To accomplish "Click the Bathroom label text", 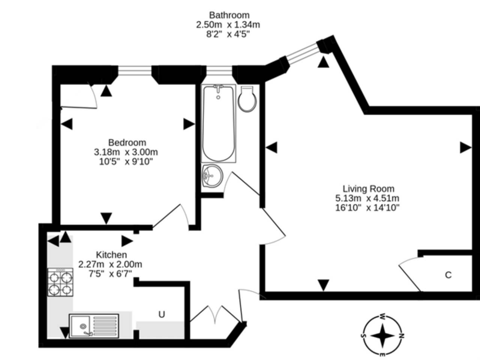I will click(229, 15).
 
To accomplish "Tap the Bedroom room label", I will click(127, 143).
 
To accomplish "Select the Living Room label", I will click(368, 189).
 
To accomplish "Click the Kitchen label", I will click(111, 255).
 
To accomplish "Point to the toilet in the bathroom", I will click(247, 99).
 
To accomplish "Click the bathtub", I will click(219, 123).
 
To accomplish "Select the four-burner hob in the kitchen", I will click(60, 282).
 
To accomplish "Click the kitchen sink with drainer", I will click(94, 325).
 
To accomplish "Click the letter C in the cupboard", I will click(448, 275).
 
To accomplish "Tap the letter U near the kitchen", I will click(161, 314).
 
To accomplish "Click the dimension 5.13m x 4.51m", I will click(367, 198).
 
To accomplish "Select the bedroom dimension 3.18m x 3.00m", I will click(126, 152).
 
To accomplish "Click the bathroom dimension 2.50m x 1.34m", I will click(228, 25).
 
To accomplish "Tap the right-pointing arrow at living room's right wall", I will click(465, 148).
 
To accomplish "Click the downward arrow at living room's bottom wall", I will click(324, 285).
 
